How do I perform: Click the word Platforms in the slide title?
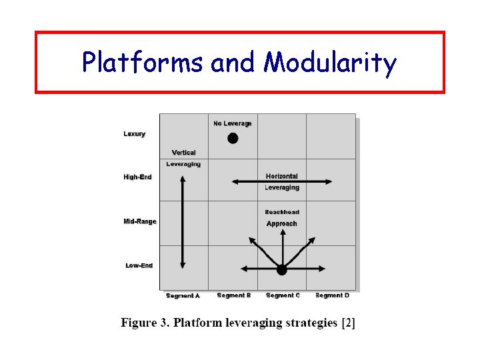[143, 63]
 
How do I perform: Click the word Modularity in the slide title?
[330, 63]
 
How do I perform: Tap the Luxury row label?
[135, 134]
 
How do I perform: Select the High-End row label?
[138, 177]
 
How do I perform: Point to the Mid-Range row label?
[140, 221]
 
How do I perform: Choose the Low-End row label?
[139, 265]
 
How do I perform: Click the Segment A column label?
[183, 296]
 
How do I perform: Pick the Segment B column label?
[233, 295]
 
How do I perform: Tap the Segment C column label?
[283, 295]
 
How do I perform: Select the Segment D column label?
[332, 295]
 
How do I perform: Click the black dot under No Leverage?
[233, 139]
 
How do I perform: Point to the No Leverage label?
[233, 123]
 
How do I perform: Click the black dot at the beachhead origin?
[282, 269]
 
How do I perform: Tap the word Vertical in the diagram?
[183, 153]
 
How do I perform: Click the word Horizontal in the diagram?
[282, 177]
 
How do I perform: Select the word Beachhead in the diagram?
[282, 213]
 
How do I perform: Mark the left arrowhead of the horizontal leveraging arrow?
[235, 181]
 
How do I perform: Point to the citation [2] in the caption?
[348, 323]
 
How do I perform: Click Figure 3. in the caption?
[144, 323]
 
